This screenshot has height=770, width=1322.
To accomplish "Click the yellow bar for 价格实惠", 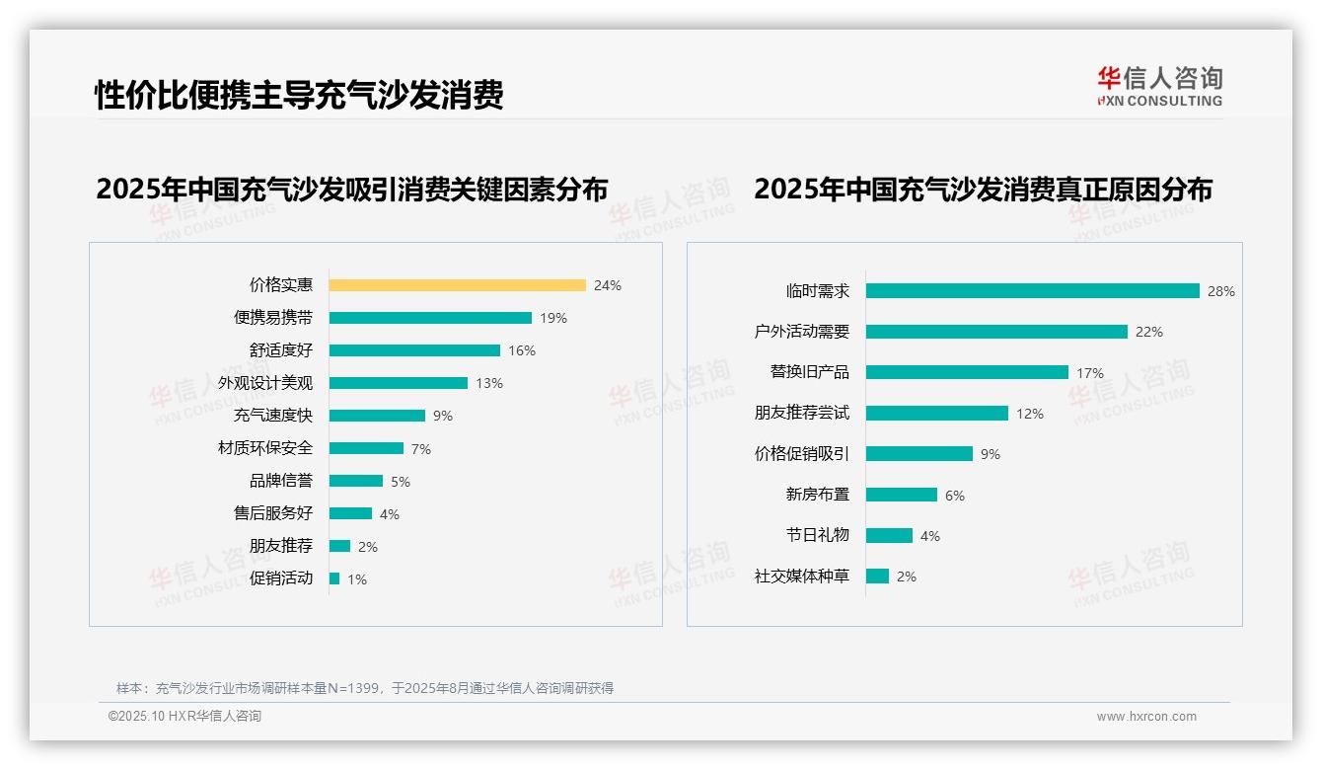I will (x=457, y=285).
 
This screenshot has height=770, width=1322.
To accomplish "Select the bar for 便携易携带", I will (x=430, y=318).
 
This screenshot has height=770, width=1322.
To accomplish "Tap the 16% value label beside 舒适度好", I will (x=522, y=350).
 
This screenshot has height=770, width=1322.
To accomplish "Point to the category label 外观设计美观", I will (x=265, y=383).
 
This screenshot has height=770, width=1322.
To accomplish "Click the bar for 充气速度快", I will (x=377, y=416).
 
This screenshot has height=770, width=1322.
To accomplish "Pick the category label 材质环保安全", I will (x=265, y=448).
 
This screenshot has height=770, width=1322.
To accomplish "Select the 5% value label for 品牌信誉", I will (x=400, y=482).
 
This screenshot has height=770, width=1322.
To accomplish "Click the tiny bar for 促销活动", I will (x=334, y=578).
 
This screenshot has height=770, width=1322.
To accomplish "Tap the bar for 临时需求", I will (x=1032, y=291).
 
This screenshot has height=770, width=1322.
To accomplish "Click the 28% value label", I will (x=1221, y=291).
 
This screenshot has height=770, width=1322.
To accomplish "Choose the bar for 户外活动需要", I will (x=996, y=332).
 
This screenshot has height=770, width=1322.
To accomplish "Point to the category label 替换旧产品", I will (x=809, y=372).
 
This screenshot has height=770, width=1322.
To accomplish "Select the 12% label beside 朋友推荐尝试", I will (x=1030, y=414).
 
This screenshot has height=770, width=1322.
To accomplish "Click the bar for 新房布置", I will (x=902, y=495).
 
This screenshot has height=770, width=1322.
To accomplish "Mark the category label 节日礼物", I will (x=817, y=535).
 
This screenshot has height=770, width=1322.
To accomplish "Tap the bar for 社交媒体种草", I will (x=877, y=576).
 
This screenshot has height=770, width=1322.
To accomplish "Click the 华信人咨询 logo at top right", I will (x=1159, y=86).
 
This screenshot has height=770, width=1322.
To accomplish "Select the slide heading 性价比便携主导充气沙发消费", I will (x=299, y=95).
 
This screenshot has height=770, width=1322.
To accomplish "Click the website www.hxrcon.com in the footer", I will (x=1146, y=717).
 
